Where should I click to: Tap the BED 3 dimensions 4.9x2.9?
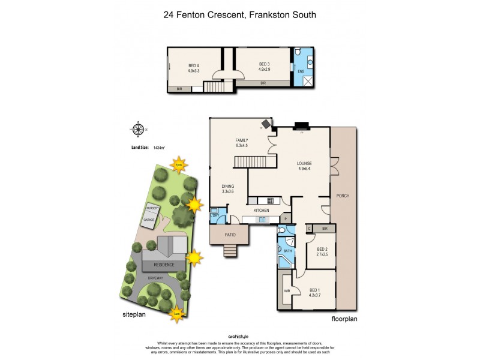click(265, 70)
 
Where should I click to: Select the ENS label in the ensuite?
click(301, 71)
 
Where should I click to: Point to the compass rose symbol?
click(139, 128)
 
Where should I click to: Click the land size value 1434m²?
click(160, 147)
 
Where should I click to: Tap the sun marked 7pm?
click(178, 164)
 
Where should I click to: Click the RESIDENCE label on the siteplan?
click(164, 265)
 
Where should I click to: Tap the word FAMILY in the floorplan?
click(242, 140)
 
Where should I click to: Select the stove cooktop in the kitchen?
click(270, 200)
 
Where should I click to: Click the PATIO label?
click(228, 235)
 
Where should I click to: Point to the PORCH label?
click(343, 196)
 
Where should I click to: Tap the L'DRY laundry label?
click(214, 215)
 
